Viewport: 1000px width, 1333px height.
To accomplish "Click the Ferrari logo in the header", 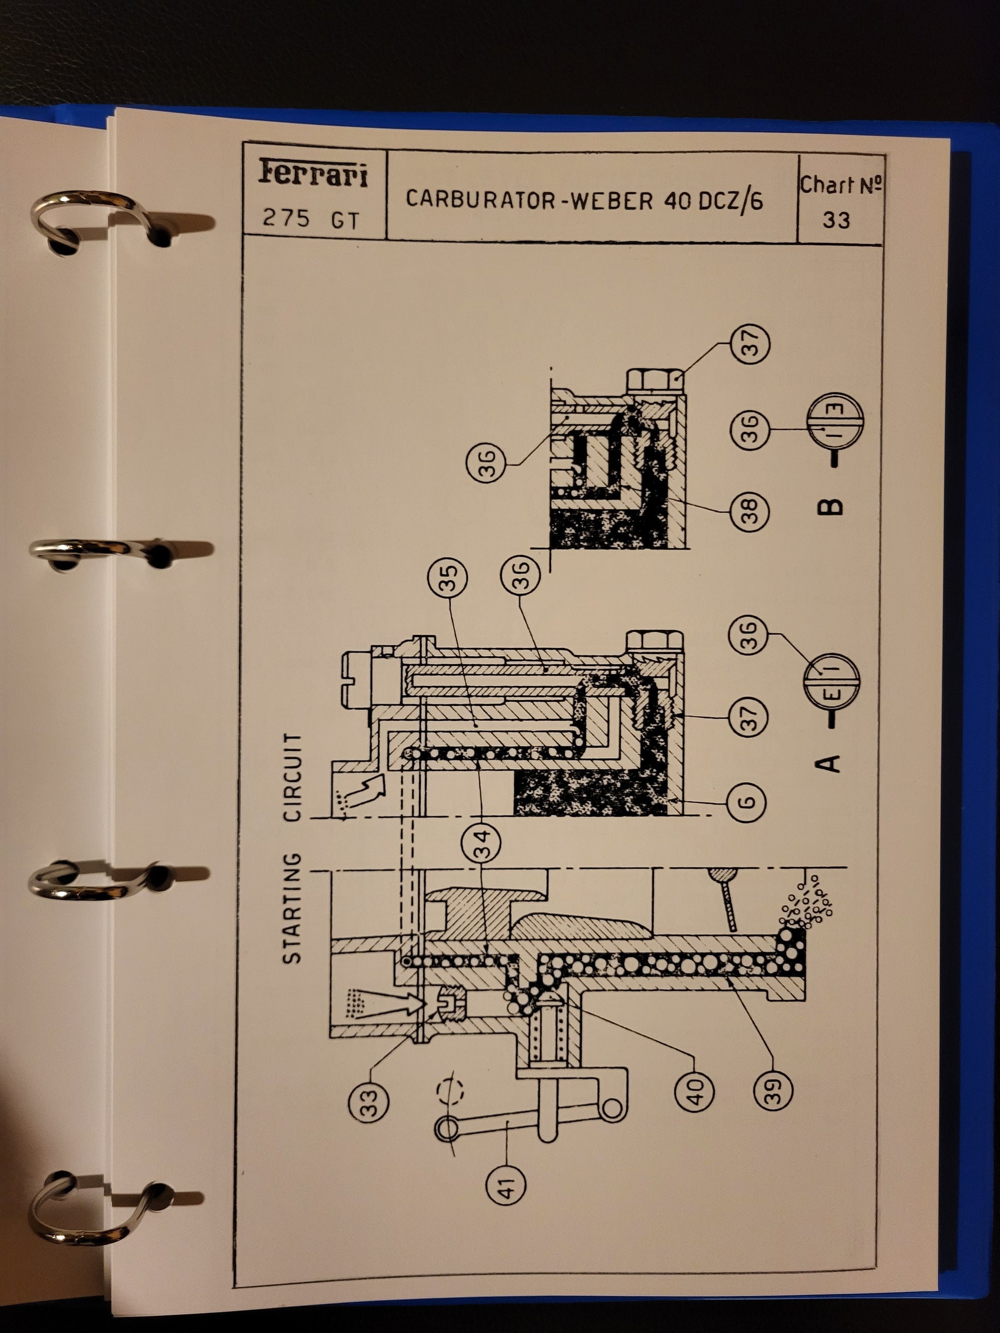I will pyautogui.click(x=313, y=173).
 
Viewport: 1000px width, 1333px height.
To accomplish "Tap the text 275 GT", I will pyautogui.click(x=310, y=218).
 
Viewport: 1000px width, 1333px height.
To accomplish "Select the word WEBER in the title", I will pyautogui.click(x=611, y=199).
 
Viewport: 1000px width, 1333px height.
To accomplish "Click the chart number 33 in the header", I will pyautogui.click(x=836, y=219).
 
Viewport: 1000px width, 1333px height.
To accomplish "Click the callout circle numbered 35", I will pyautogui.click(x=447, y=578).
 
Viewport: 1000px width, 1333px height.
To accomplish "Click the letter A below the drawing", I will pyautogui.click(x=829, y=763).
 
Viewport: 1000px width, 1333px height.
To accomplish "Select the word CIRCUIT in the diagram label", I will pyautogui.click(x=293, y=777).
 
